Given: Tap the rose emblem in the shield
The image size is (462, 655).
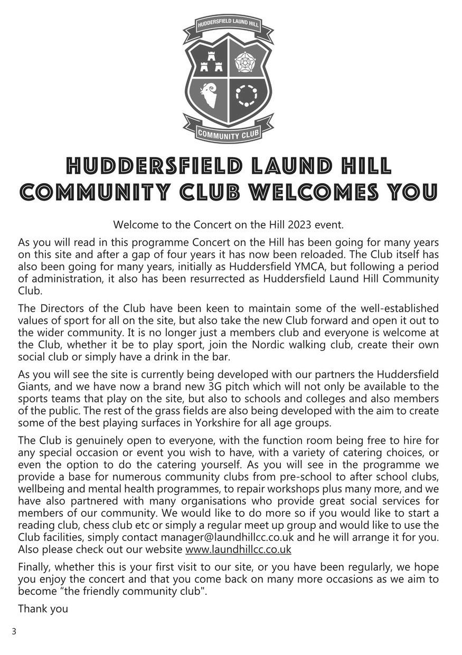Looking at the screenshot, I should coord(245,62).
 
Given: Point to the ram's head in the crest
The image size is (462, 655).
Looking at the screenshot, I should coord(210,96).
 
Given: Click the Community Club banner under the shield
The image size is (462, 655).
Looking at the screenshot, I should coord(228,134).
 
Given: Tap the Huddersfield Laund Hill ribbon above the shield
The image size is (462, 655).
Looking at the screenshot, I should coord(228,24).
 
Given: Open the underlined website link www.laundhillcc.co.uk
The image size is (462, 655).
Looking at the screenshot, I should coord(238,549).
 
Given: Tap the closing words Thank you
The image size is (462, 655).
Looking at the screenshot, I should coord(43,609).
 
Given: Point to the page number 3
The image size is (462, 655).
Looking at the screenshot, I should coord(14,631).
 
